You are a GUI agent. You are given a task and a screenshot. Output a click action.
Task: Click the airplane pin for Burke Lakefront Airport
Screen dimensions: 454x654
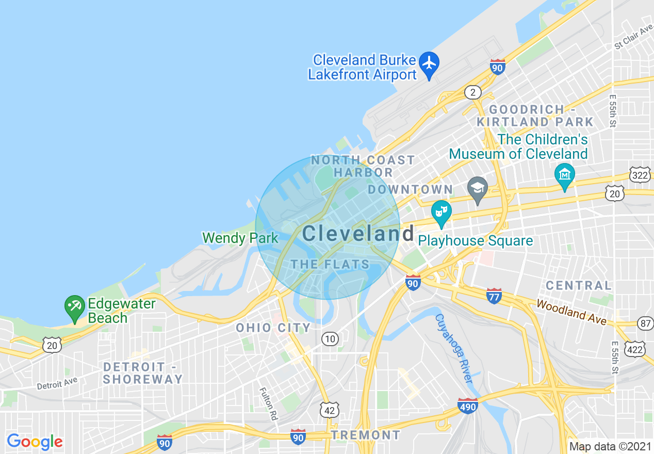pos(429,64)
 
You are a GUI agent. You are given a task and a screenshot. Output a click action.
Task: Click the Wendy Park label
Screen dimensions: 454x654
pos(240,238)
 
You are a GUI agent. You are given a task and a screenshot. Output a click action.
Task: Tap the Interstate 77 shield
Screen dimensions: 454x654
pos(494,296)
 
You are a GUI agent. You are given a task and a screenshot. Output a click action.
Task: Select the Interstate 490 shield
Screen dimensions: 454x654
pos(468,406)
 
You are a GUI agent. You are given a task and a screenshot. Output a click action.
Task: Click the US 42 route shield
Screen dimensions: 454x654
pos(329,410)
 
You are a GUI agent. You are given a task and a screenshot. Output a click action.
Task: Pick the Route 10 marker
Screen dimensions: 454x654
pos(330,338)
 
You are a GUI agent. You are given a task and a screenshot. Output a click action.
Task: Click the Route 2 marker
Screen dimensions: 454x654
pos(472,92)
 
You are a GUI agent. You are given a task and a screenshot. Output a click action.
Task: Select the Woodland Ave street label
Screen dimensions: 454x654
pos(571,312)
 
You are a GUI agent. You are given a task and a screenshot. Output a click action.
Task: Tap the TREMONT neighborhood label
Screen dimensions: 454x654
pos(366,435)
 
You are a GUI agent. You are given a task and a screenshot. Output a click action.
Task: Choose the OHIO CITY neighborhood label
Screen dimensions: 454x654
pos(273,328)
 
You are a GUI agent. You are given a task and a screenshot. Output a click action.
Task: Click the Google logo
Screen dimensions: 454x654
pos(35,442)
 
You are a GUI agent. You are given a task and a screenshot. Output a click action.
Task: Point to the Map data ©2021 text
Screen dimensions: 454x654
pos(610,446)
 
